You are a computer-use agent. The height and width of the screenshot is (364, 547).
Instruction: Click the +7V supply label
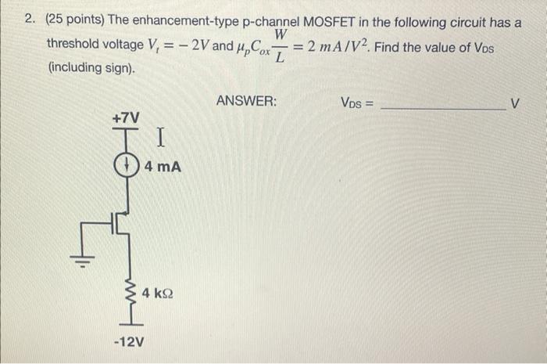(126, 117)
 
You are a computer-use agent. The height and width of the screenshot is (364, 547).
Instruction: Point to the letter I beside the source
(159, 140)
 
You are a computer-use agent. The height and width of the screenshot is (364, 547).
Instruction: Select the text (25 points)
(79, 21)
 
